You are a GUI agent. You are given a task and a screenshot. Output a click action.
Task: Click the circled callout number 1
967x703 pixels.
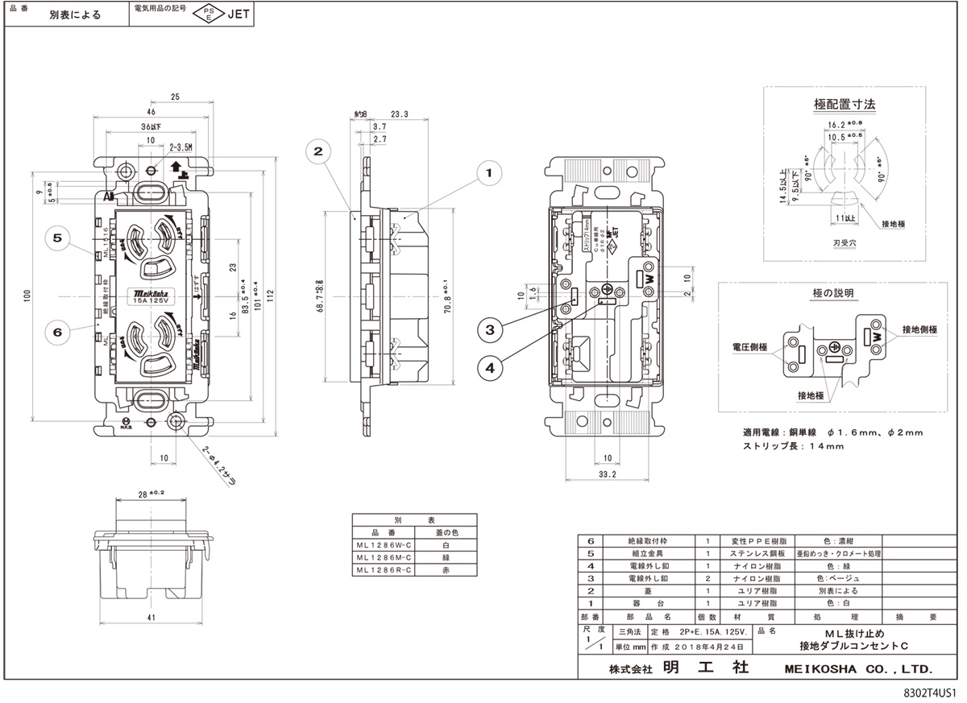point(488,171)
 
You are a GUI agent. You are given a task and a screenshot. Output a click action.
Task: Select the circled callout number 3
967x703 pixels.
point(491,328)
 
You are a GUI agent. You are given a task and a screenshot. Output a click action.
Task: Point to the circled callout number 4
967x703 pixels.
point(491,367)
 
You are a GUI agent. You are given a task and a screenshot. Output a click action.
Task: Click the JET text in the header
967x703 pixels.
point(239,14)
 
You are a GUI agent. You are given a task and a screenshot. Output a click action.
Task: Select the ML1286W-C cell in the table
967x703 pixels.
point(383,545)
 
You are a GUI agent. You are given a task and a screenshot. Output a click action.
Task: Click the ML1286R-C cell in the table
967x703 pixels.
point(383,569)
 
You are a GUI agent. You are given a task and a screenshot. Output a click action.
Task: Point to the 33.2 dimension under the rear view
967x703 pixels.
point(608,475)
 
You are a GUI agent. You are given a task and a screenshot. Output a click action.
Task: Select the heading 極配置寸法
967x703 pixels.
point(845,104)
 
